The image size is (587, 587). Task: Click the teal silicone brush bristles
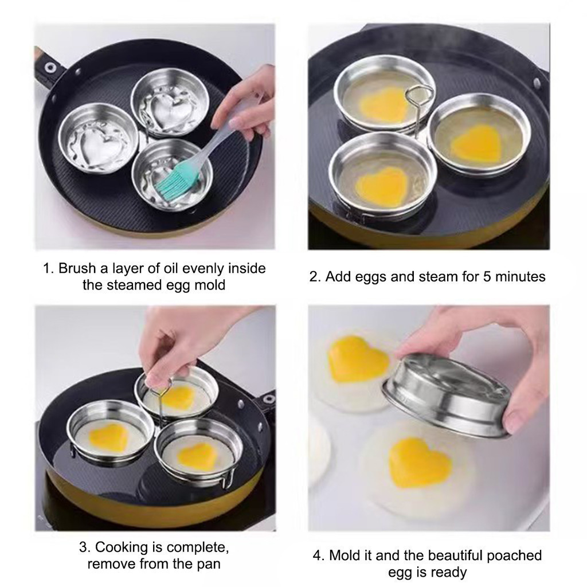(174, 183)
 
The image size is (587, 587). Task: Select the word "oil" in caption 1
(170, 268)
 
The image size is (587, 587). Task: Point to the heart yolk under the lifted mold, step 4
(420, 463)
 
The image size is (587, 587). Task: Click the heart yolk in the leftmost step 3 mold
(108, 439)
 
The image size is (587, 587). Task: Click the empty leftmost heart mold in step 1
(98, 138)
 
